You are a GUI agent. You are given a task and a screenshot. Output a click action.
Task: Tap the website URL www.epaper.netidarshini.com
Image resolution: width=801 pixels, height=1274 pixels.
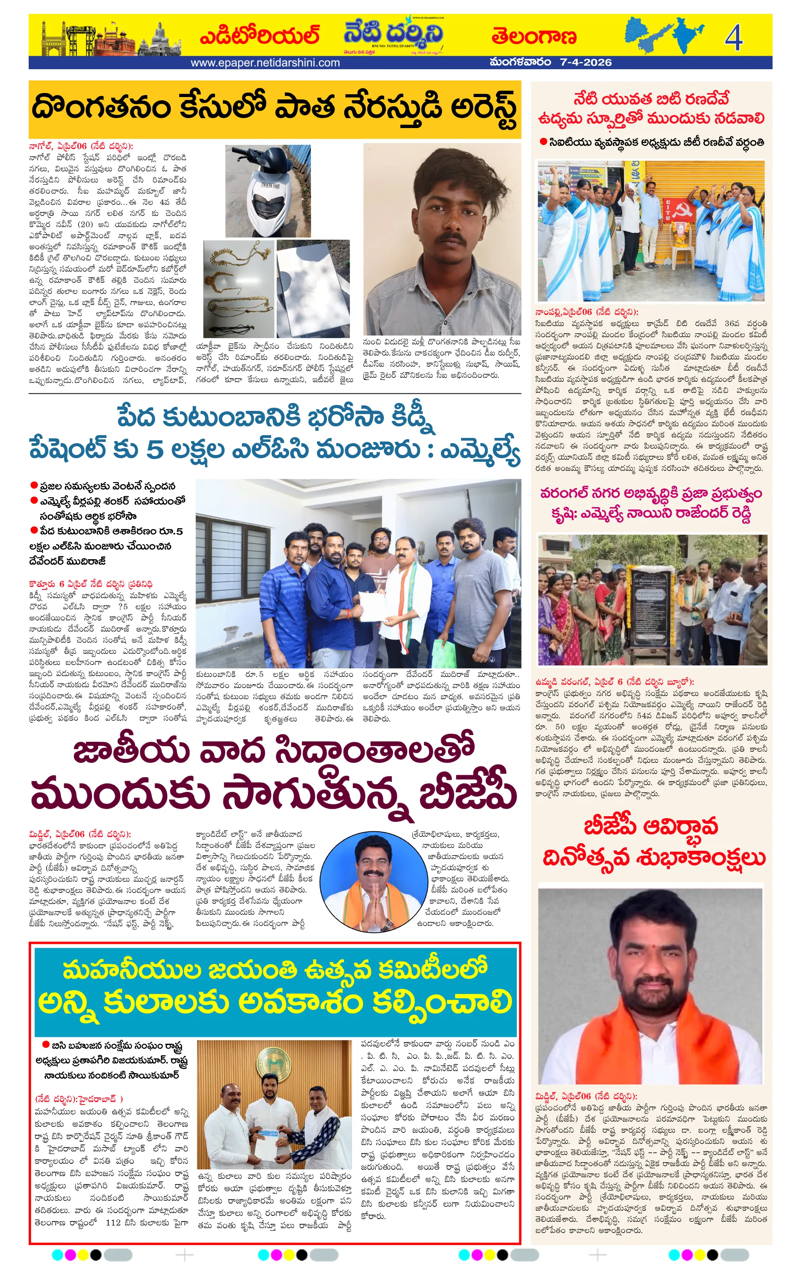click(265, 62)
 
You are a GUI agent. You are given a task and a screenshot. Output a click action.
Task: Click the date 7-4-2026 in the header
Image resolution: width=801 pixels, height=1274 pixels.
click(585, 62)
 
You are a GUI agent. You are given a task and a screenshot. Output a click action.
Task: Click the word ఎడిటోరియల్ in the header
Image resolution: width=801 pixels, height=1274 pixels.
click(260, 36)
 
